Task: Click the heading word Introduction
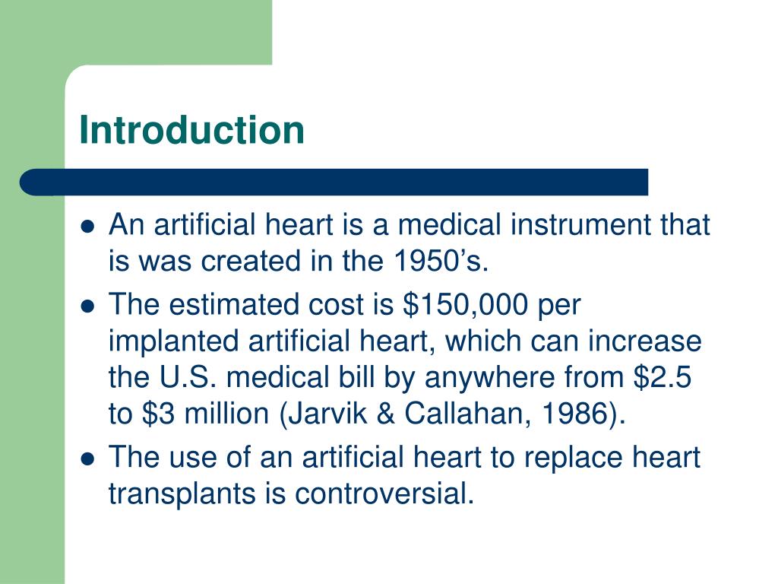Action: (191, 130)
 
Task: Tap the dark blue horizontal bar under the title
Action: (334, 182)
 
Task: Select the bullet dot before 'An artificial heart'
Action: (88, 227)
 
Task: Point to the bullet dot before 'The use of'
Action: (88, 459)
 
